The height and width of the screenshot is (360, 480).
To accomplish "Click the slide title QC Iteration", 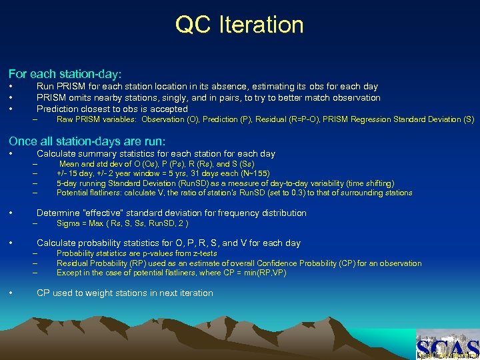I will pyautogui.click(x=239, y=25).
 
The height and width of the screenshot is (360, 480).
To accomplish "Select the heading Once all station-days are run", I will pyautogui.click(x=87, y=141).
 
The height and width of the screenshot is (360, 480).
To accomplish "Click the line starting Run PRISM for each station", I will pyautogui.click(x=207, y=86).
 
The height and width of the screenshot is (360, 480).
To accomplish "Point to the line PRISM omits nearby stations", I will pyautogui.click(x=208, y=97).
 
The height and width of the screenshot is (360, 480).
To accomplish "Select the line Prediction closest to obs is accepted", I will pyautogui.click(x=112, y=109).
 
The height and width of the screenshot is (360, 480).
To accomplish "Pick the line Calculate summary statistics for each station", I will pyautogui.click(x=155, y=153).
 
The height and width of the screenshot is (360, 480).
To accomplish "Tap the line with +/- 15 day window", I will pyautogui.click(x=163, y=173).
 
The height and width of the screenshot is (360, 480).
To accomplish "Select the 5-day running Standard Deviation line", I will pyautogui.click(x=225, y=183).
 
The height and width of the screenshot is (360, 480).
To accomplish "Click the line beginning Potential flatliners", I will pyautogui.click(x=234, y=193).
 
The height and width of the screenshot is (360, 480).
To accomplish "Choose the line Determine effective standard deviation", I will pyautogui.click(x=171, y=213).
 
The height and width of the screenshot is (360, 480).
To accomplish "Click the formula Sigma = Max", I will pyautogui.click(x=122, y=223).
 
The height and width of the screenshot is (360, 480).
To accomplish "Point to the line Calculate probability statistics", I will pyautogui.click(x=168, y=243).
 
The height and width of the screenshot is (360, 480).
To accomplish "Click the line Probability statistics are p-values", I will pyautogui.click(x=137, y=253).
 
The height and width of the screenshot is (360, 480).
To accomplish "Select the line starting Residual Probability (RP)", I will pyautogui.click(x=239, y=263).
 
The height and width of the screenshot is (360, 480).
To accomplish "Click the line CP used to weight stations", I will pyautogui.click(x=125, y=293).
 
